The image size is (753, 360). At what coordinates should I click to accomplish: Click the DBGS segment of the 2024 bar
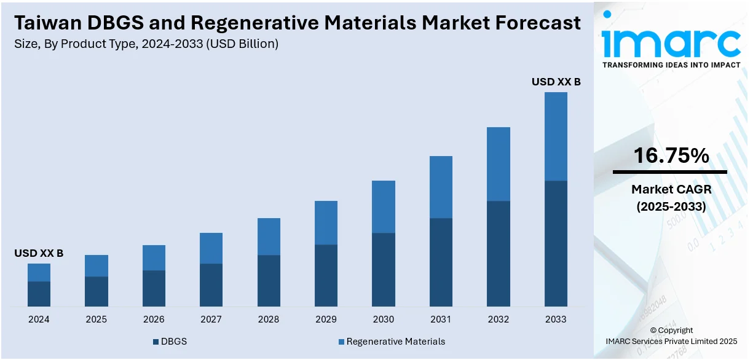coord(39,294)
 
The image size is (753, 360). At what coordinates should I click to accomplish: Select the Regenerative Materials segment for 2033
coord(556,136)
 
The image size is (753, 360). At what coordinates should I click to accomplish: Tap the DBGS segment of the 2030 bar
coord(384,269)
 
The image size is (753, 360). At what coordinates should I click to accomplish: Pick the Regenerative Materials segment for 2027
coord(211,248)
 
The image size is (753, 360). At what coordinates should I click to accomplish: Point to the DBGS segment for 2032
coord(499,253)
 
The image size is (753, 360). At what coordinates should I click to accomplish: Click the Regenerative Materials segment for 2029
coord(326,222)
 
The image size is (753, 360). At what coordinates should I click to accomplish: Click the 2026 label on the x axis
coord(154,319)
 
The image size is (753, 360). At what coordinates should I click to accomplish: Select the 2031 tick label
coord(441,319)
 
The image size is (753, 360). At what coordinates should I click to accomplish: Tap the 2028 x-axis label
coord(269,319)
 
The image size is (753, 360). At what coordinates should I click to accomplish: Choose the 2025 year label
coord(96,319)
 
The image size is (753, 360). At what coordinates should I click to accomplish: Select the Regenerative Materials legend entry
coord(395,342)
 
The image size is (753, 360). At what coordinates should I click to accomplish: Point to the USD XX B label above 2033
coord(556,81)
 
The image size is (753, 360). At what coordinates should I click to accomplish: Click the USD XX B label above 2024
coord(39,253)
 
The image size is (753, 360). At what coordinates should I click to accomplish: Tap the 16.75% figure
coord(671,156)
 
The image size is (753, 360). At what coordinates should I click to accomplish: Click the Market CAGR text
coord(671,190)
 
